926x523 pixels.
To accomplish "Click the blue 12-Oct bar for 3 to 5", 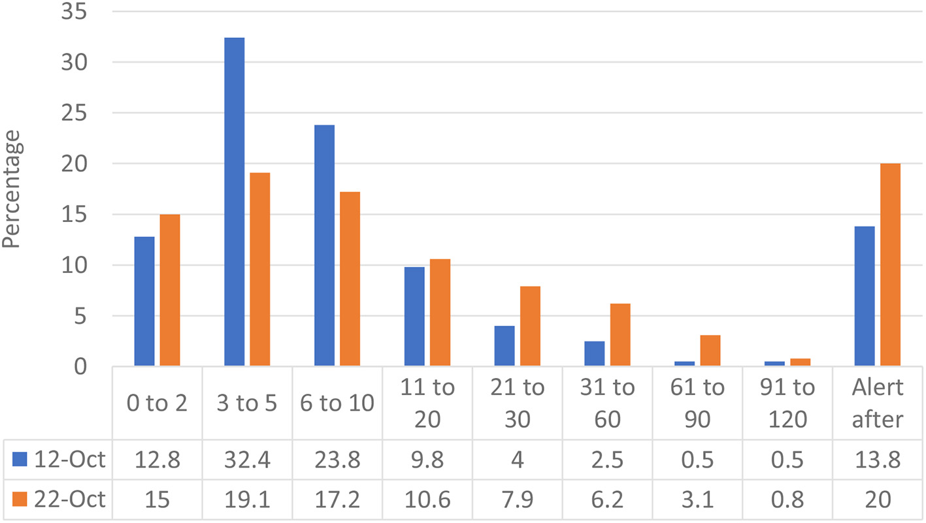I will pyautogui.click(x=234, y=202).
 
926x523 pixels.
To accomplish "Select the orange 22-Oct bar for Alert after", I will pyautogui.click(x=890, y=264).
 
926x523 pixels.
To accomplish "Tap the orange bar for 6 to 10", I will pyautogui.click(x=350, y=279).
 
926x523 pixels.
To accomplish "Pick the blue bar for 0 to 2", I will pyautogui.click(x=144, y=301).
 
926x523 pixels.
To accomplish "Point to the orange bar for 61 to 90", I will pyautogui.click(x=710, y=351).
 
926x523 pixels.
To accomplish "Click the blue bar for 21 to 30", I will pyautogui.click(x=504, y=346).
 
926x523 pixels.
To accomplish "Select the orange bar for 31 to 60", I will pyautogui.click(x=620, y=335).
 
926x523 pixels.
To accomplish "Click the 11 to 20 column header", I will pyautogui.click(x=427, y=403).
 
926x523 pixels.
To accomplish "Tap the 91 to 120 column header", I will pyautogui.click(x=787, y=403).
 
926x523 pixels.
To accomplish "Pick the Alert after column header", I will pyautogui.click(x=878, y=403).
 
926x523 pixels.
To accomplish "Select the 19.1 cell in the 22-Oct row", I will pyautogui.click(x=247, y=500).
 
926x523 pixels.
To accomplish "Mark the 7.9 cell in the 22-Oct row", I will pyautogui.click(x=517, y=500).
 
